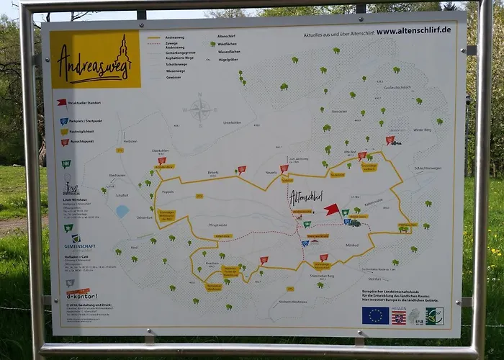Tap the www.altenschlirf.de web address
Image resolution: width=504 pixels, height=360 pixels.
click(x=413, y=30)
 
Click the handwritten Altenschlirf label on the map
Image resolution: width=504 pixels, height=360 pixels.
click(x=306, y=195)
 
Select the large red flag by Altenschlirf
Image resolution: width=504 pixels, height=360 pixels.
click(x=331, y=210)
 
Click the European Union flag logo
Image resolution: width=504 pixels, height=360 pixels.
click(x=375, y=315)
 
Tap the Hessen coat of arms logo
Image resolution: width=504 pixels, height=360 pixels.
click(x=399, y=316)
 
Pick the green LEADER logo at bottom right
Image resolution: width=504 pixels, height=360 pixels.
click(x=434, y=316)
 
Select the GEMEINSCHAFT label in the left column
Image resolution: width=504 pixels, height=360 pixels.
click(x=79, y=246)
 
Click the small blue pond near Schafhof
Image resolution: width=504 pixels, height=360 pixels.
click(x=122, y=211)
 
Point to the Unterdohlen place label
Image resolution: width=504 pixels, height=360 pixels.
click(x=232, y=122)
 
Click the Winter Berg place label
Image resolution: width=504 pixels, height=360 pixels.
click(x=423, y=130)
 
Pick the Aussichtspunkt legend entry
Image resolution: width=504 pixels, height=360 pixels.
click(x=83, y=142)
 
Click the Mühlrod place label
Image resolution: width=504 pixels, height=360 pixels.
click(x=351, y=246)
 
